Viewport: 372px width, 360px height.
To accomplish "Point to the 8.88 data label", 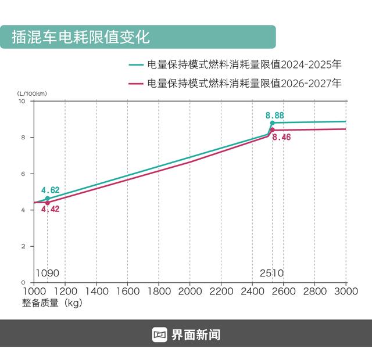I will point(274,116).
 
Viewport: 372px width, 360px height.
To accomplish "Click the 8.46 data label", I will point(281,138).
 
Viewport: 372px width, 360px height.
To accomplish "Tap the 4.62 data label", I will point(50,190).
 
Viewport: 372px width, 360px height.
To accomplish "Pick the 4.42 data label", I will point(51,209).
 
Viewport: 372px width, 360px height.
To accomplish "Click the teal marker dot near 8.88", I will point(272,123).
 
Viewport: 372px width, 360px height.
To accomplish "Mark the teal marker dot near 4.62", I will point(48,199).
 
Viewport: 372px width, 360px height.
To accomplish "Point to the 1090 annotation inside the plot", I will point(48,273).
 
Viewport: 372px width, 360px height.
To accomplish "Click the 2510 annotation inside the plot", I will point(271,273).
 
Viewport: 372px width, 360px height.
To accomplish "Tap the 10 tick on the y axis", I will point(22,101).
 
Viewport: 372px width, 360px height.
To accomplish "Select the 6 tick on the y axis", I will point(23,174).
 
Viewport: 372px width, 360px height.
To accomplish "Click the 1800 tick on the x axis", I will point(159,290).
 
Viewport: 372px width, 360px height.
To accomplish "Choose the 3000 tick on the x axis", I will point(345,290).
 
